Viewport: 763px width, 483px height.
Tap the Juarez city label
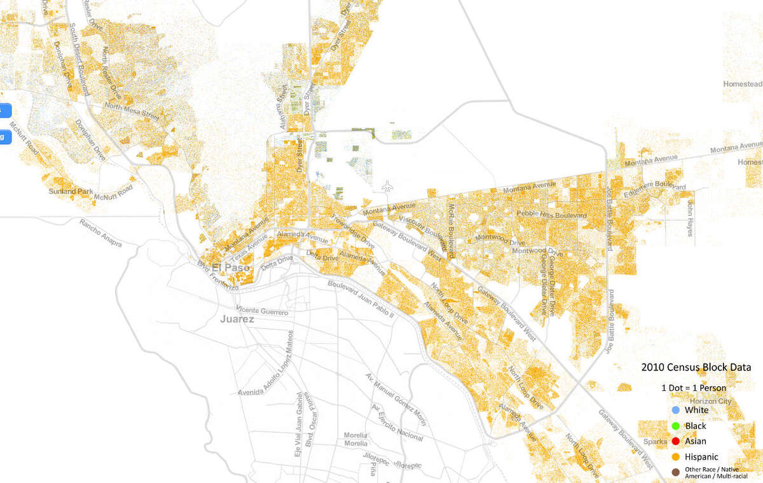tap(237, 319)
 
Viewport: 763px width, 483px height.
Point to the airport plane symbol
tap(387, 186)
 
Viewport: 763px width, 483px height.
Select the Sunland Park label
tap(71, 191)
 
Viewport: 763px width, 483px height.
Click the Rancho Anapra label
tap(100, 233)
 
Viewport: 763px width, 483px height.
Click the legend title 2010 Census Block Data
tap(696, 367)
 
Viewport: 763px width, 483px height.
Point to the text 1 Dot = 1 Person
tap(693, 388)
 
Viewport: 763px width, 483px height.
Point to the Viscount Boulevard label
tap(423, 222)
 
